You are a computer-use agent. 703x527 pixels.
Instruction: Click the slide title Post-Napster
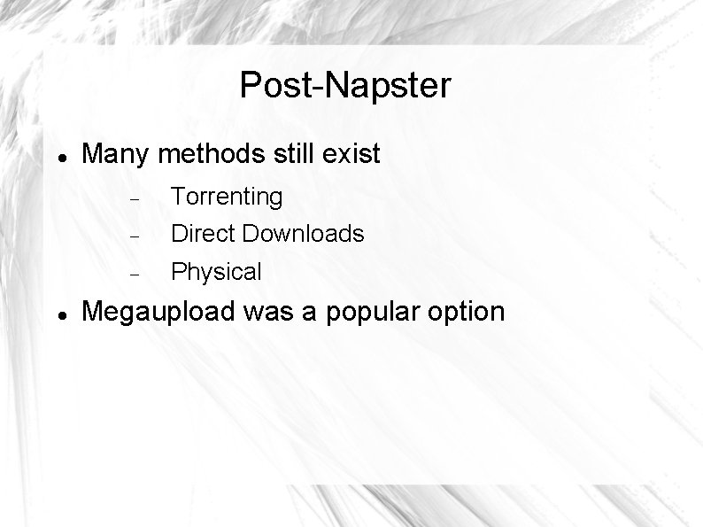344,86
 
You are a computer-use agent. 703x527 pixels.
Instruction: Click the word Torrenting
227,197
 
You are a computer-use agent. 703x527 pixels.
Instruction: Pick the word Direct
203,234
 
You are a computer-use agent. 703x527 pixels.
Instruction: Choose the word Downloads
304,234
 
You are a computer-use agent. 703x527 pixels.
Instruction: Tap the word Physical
216,272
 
